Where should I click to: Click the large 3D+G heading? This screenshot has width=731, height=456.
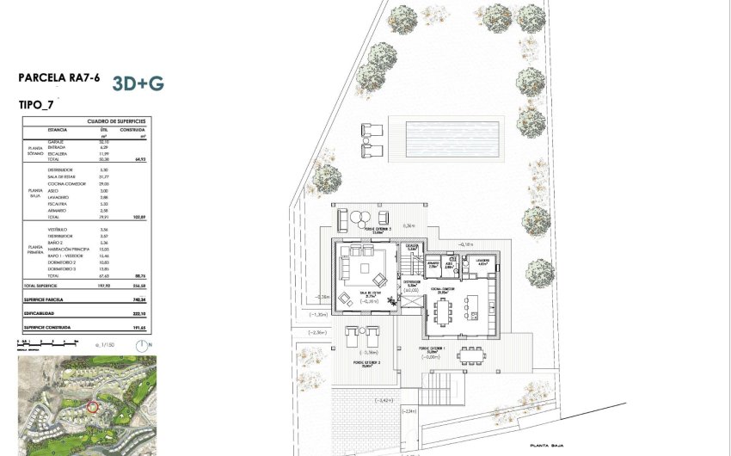pyautogui.click(x=138, y=83)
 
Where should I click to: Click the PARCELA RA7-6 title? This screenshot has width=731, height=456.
pyautogui.click(x=58, y=78)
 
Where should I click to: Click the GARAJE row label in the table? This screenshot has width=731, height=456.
pyautogui.click(x=57, y=141)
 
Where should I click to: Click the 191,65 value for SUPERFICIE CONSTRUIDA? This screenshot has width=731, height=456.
pyautogui.click(x=138, y=328)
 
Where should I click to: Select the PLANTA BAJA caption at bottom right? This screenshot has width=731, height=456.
pyautogui.click(x=550, y=445)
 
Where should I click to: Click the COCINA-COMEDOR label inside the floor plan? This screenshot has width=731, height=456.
pyautogui.click(x=445, y=291)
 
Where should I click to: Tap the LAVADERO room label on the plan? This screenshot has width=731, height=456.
pyautogui.click(x=482, y=260)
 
